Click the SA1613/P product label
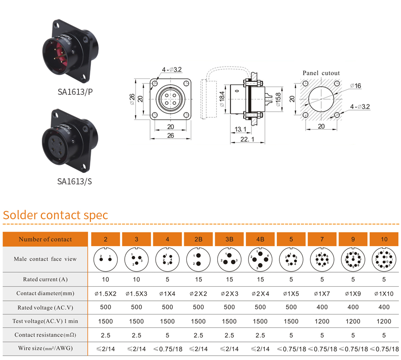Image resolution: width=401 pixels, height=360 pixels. (75, 92)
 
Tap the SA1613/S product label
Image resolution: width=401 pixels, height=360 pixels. (75, 181)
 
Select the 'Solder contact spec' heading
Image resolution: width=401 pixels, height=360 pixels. (56, 215)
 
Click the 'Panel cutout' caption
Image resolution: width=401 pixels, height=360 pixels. (321, 73)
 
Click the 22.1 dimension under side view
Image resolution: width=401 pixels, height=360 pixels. (247, 139)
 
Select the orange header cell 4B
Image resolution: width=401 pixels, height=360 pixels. (260, 239)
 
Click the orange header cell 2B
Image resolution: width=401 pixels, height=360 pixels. (198, 239)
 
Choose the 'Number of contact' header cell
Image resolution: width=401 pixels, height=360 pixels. (45, 239)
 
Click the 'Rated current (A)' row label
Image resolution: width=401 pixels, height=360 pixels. (45, 279)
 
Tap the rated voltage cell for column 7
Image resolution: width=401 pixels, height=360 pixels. (322, 307)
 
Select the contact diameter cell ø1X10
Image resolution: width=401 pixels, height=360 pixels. (384, 293)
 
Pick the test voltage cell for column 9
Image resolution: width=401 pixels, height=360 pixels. (353, 321)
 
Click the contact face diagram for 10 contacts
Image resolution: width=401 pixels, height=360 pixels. (384, 259)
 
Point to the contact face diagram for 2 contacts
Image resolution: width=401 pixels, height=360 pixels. (106, 259)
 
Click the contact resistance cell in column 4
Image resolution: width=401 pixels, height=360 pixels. (167, 335)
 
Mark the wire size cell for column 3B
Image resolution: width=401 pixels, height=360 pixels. (229, 349)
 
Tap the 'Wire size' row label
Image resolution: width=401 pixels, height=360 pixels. (45, 349)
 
